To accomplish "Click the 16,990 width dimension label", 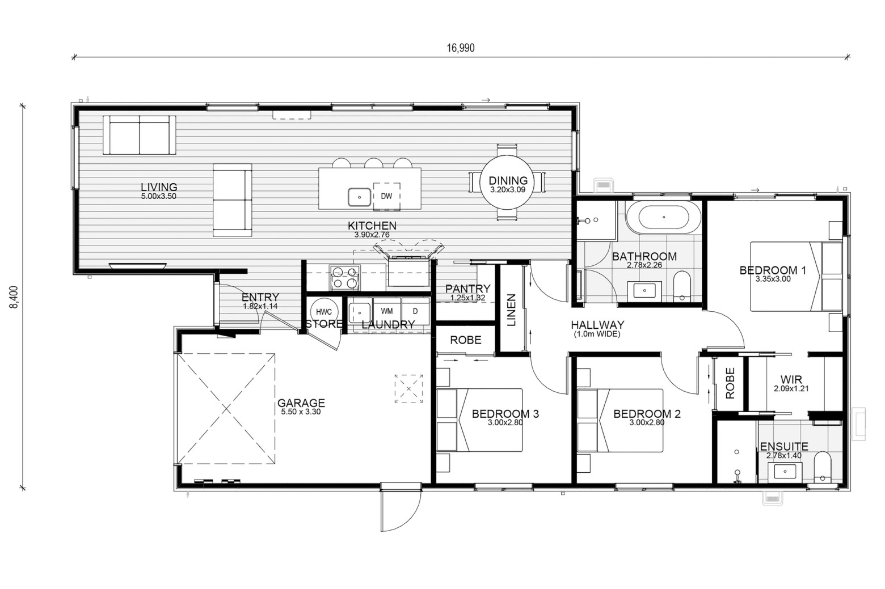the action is (460, 48).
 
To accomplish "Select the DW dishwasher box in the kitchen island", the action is (386, 196).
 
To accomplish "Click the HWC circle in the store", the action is (324, 312).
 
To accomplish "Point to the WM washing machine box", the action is (387, 311).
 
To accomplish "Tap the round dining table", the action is (507, 183).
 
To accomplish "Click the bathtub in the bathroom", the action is (664, 217).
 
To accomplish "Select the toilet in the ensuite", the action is (823, 467).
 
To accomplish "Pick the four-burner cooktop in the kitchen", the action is (344, 278).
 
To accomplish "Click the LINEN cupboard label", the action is (511, 310).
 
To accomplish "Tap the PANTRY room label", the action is (468, 289).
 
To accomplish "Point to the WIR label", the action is (791, 380).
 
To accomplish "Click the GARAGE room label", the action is (301, 403).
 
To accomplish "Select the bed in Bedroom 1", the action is (796, 276).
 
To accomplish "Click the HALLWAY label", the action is (597, 325).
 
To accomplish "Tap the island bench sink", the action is (359, 197).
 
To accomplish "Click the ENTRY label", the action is (260, 297).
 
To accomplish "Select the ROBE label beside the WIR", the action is (730, 383).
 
